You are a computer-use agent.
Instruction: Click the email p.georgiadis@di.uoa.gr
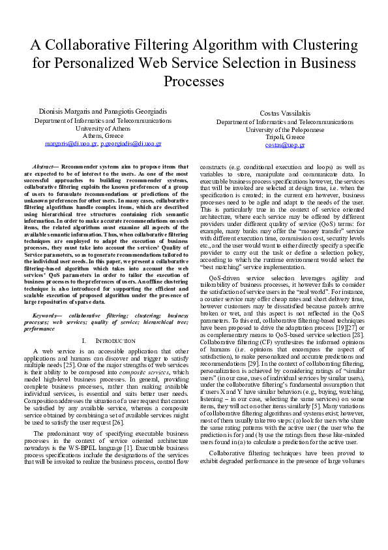[x=131, y=142]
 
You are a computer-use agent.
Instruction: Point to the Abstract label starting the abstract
[x=44, y=167]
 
